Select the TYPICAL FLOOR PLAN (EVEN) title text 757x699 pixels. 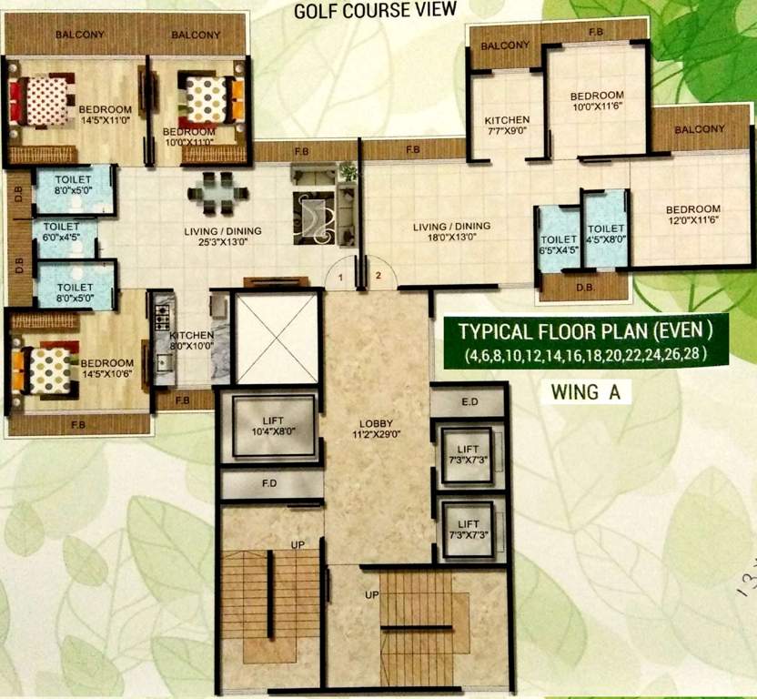(584, 329)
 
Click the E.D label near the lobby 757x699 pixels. (469, 400)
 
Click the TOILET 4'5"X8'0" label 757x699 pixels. (604, 235)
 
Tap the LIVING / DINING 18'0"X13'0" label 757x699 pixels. (451, 231)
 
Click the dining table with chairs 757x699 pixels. (218, 192)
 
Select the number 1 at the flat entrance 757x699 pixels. (338, 275)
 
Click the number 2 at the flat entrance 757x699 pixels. (379, 275)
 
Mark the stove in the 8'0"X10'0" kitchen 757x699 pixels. (164, 319)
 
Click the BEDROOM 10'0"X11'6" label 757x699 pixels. (597, 101)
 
